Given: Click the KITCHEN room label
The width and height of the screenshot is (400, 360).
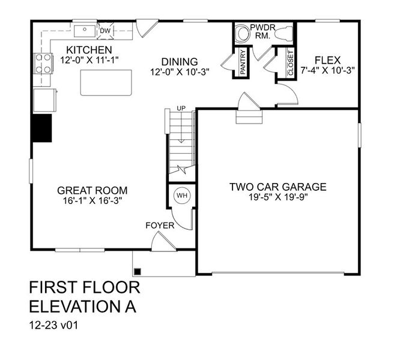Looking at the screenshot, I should (x=89, y=49).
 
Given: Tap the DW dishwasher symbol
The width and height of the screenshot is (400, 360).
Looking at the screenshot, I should (x=105, y=31).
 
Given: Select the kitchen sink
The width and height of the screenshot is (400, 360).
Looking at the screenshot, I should (x=86, y=29).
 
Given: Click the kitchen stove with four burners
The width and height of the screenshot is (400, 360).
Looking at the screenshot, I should (x=43, y=62).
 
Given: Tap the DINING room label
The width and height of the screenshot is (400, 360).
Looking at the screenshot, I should (x=180, y=61).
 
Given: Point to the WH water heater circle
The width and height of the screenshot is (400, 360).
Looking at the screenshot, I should (x=181, y=195).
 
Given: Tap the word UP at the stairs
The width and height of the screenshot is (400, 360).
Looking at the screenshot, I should (x=180, y=109).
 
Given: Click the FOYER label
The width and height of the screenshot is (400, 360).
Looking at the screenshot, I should (x=160, y=226).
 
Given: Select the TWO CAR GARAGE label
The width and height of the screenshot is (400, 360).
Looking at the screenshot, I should (x=278, y=187).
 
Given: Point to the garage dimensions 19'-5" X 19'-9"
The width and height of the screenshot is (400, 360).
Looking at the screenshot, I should (x=278, y=197).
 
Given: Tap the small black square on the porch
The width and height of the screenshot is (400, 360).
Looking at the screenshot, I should (x=138, y=271).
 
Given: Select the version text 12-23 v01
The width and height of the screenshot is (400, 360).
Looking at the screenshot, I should (x=55, y=327).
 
